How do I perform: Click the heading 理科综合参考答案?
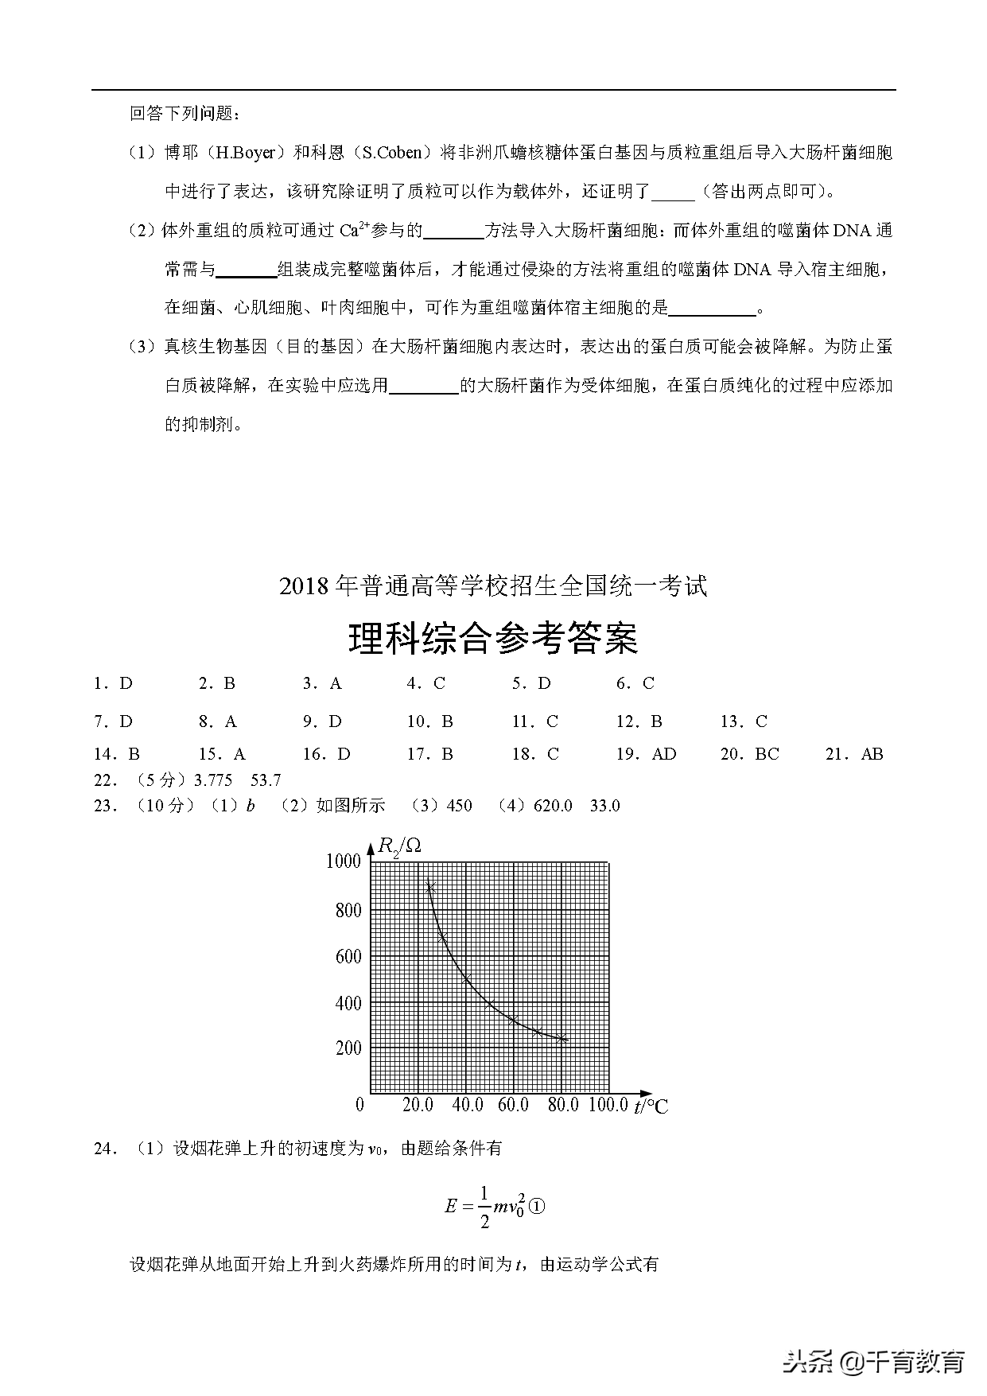click(x=493, y=638)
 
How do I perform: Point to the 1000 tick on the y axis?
click(x=344, y=861)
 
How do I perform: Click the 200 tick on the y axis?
click(x=348, y=1048)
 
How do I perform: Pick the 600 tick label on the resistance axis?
click(x=348, y=956)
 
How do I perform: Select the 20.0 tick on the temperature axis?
click(x=418, y=1105)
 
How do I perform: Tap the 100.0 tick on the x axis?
click(x=608, y=1105)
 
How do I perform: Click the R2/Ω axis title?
click(x=399, y=846)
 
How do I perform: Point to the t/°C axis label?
click(x=651, y=1106)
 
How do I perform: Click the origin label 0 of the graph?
click(x=359, y=1105)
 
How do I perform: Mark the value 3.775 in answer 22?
click(x=213, y=780)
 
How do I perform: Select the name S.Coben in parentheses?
click(x=397, y=153)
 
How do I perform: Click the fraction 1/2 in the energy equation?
click(x=484, y=1207)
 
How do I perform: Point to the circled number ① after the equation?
click(x=537, y=1207)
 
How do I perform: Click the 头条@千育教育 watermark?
click(x=873, y=1362)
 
